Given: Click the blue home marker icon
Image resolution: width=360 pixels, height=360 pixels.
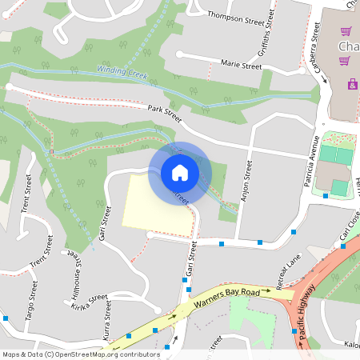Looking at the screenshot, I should [x=179, y=173].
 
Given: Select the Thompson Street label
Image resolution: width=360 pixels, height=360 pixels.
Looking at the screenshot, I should [x=235, y=15].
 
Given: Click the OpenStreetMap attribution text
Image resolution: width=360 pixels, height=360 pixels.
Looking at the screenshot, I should [x=81, y=354].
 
